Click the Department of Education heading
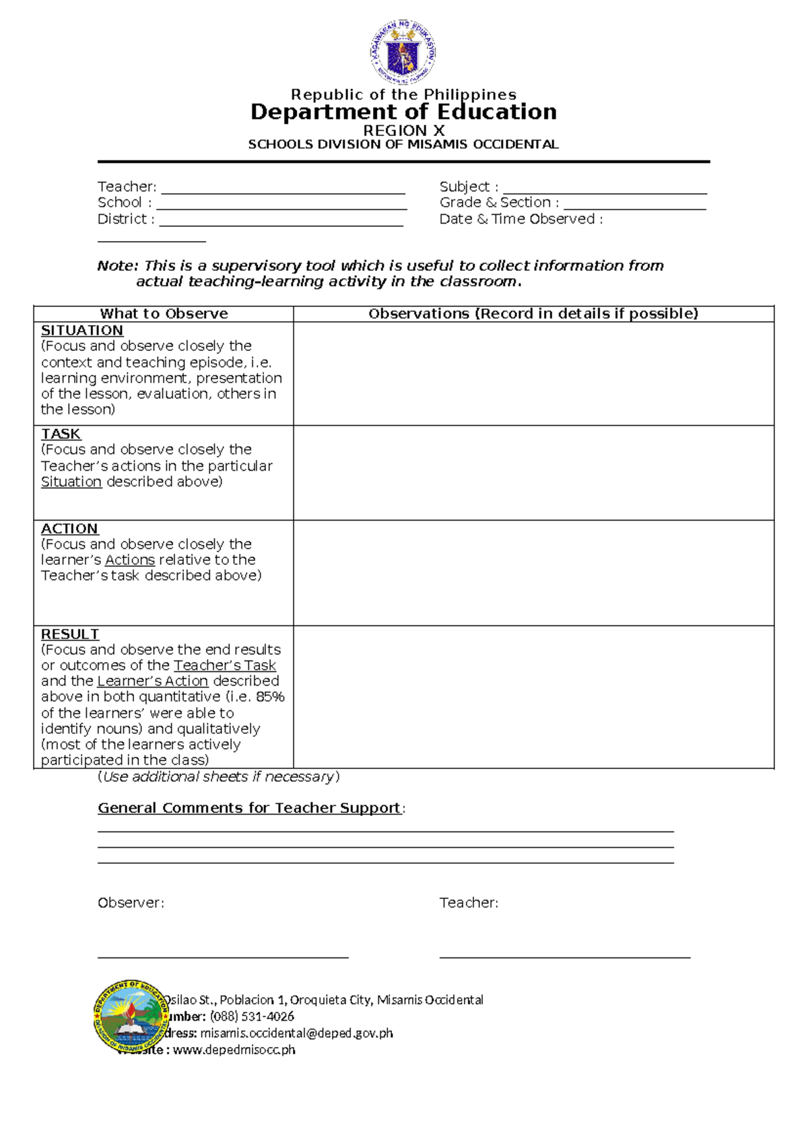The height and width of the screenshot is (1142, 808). point(403,112)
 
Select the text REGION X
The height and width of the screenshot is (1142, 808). point(403,131)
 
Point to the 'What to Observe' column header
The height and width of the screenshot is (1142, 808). point(164,314)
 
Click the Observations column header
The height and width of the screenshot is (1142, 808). point(533,314)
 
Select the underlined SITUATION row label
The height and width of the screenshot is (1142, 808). point(82,331)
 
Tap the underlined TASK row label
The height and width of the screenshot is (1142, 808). point(61,434)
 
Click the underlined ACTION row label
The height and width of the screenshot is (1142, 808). point(69,529)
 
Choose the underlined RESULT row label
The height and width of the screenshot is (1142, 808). point(70,634)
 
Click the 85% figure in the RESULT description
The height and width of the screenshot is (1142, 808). point(270,697)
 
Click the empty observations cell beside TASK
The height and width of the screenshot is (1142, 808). point(533,473)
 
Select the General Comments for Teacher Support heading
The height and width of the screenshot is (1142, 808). point(249,808)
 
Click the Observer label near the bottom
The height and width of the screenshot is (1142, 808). point(131,903)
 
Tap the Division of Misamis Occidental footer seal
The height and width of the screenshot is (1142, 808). point(130,1016)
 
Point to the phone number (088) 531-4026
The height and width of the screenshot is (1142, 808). point(252,1016)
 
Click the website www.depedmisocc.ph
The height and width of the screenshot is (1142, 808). point(234,1049)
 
